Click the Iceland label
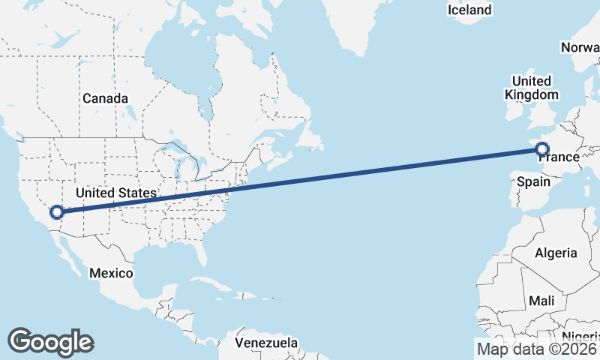tap(469, 10)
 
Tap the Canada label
tap(105, 98)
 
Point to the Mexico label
tap(111, 273)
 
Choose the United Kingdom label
tap(531, 88)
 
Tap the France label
tap(559, 157)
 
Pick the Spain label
tap(530, 182)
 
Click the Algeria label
tap(556, 253)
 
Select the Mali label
tap(541, 301)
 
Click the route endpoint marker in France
tap(543, 148)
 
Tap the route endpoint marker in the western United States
tap(56, 212)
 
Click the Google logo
tap(50, 341)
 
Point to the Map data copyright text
tap(537, 348)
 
